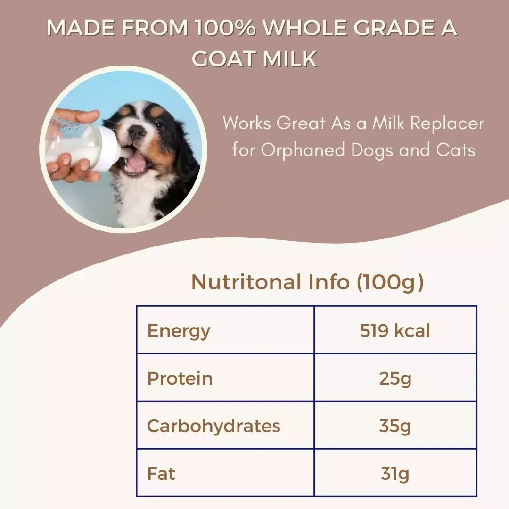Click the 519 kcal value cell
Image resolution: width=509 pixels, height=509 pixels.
click(x=395, y=330)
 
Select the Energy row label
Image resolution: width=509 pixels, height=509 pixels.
click(x=179, y=331)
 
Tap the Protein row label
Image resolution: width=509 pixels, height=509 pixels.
click(x=180, y=378)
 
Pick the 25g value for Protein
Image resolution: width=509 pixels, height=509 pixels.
click(x=395, y=378)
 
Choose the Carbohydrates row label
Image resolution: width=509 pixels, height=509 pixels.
click(x=213, y=426)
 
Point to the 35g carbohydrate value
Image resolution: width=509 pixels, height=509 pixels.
click(x=395, y=426)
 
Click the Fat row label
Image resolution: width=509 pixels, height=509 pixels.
click(x=161, y=473)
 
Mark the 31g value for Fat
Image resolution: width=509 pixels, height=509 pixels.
click(x=395, y=473)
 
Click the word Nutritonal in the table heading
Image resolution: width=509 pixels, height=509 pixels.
click(x=246, y=282)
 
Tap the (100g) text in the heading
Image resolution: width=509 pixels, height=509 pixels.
click(x=390, y=282)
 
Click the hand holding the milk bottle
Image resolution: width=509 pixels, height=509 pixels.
click(x=71, y=167)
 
